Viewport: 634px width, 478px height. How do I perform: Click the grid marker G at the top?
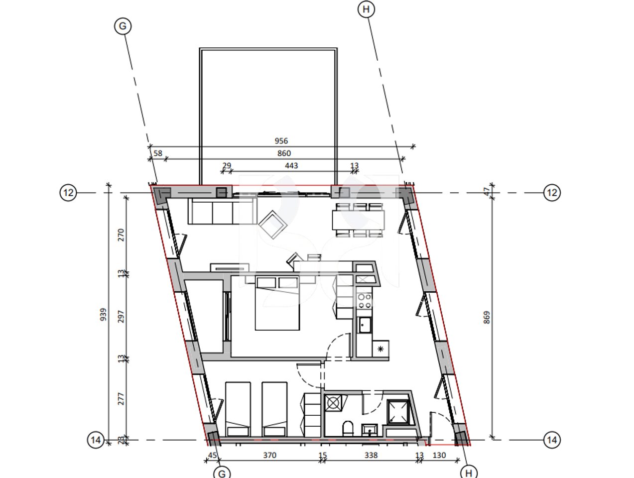point(123,26)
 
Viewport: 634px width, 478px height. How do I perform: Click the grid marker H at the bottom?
point(468,472)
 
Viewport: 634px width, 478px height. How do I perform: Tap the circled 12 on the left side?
point(68,192)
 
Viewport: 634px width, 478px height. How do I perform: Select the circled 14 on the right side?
point(551,440)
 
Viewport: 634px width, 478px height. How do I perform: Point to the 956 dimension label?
point(281,141)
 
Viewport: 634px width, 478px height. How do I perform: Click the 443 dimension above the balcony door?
point(291,165)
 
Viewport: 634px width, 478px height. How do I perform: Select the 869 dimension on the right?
point(486,318)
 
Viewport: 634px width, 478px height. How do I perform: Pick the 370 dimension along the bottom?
point(269,455)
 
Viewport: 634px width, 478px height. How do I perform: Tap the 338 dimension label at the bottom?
point(371,455)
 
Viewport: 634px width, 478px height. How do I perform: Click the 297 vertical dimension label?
point(121,317)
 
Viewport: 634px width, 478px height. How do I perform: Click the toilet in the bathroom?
point(348,428)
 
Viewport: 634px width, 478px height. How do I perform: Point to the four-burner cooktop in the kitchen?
point(365,300)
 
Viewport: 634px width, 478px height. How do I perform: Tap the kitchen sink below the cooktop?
point(364,325)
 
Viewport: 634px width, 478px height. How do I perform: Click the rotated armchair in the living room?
point(273,225)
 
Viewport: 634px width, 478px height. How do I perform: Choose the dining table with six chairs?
point(359,219)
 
